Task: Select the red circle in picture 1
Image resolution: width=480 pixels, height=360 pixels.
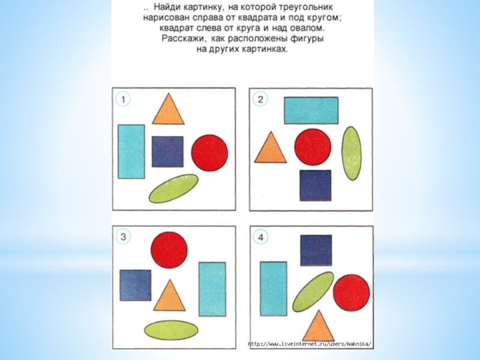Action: (x=209, y=153)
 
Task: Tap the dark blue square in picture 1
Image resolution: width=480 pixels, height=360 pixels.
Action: (x=168, y=152)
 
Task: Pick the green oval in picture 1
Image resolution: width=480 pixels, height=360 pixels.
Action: (x=173, y=188)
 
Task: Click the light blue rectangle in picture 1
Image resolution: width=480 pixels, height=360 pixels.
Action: (x=131, y=152)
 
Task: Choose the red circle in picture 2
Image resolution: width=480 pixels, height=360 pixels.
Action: (x=313, y=147)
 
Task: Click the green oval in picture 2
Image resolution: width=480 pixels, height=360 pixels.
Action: (x=352, y=154)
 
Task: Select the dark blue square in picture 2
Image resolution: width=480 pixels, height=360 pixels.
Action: (x=316, y=185)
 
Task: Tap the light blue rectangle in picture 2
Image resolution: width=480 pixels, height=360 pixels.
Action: (x=311, y=110)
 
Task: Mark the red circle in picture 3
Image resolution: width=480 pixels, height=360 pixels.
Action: (x=169, y=250)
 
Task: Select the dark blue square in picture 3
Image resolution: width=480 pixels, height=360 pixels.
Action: (x=136, y=286)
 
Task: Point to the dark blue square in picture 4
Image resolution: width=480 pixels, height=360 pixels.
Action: (x=316, y=250)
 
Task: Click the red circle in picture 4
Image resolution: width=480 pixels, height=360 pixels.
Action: (x=352, y=293)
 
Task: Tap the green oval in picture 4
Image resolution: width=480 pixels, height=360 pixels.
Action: (x=313, y=292)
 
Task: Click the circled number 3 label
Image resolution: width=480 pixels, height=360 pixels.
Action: (x=123, y=237)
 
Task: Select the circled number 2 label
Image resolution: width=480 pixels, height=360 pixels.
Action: (x=260, y=99)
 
